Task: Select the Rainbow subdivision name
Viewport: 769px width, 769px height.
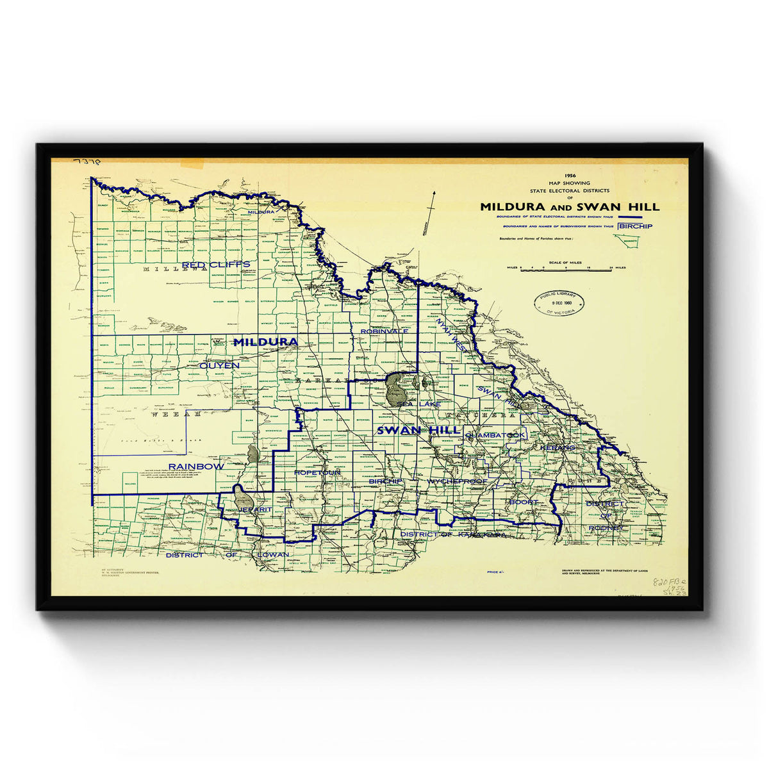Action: tap(195, 466)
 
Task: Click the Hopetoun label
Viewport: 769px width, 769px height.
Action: tap(317, 472)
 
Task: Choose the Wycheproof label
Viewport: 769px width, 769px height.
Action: tap(457, 481)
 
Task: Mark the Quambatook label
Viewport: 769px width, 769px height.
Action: tap(495, 435)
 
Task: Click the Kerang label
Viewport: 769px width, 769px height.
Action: tap(559, 447)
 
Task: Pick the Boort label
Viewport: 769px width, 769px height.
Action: tap(524, 502)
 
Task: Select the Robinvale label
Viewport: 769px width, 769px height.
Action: tap(384, 331)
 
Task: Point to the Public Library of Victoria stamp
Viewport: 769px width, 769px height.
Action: tap(560, 302)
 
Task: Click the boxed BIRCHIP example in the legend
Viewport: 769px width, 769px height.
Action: tap(635, 226)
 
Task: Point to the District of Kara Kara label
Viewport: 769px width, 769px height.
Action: tap(452, 534)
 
